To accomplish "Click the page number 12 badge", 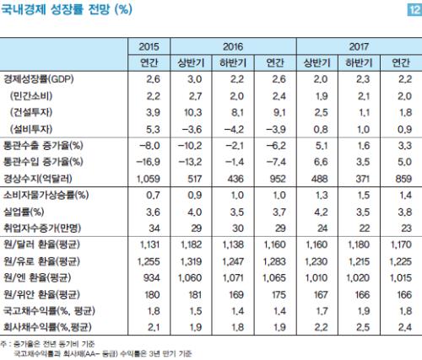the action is pyautogui.click(x=414, y=10).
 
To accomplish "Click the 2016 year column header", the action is pyautogui.click(x=233, y=46).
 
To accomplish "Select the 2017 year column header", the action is pyautogui.click(x=359, y=46).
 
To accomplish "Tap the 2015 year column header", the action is pyautogui.click(x=149, y=46).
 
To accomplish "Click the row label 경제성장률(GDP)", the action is pyautogui.click(x=39, y=79).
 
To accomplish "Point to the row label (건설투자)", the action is pyautogui.click(x=31, y=112).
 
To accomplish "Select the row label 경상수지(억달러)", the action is pyautogui.click(x=38, y=179).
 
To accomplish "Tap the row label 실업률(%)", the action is pyautogui.click(x=24, y=212).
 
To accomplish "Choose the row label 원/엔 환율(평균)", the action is pyautogui.click(x=37, y=277).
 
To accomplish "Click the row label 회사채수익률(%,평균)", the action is pyautogui.click(x=47, y=327).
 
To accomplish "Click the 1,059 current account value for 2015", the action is pyautogui.click(x=149, y=179).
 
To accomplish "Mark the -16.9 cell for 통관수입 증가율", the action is pyautogui.click(x=148, y=162).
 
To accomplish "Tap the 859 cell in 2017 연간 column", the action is pyautogui.click(x=403, y=179).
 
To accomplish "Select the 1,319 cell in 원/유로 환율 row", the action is pyautogui.click(x=191, y=261).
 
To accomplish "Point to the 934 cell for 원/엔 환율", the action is pyautogui.click(x=152, y=278).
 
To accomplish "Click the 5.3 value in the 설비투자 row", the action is pyautogui.click(x=153, y=129).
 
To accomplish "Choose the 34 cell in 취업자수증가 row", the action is pyautogui.click(x=154, y=228).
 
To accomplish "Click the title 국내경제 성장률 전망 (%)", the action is pyautogui.click(x=67, y=9).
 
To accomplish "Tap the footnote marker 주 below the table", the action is pyautogui.click(x=3, y=344).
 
